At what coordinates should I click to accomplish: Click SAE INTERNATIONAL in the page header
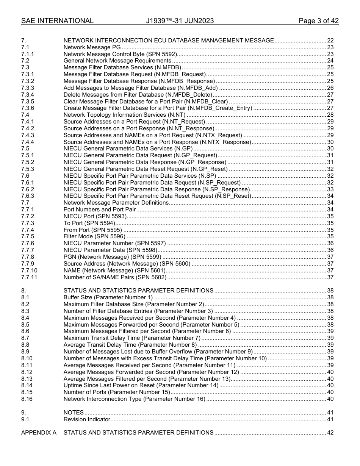click(57, 21)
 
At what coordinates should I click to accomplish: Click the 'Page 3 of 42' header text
click(318, 21)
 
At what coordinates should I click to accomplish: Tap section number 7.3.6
click(28, 108)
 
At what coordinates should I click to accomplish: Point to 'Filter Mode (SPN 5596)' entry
click(94, 236)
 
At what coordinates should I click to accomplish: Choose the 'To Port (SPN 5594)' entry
click(89, 223)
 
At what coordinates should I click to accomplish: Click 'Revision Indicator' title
click(87, 419)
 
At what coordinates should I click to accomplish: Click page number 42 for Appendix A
click(330, 433)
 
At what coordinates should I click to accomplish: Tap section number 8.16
click(27, 399)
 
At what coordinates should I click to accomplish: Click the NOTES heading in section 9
click(74, 413)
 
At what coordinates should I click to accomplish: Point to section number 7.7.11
click(29, 277)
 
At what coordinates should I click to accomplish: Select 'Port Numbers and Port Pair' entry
click(100, 210)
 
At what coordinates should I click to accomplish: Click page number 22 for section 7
click(330, 41)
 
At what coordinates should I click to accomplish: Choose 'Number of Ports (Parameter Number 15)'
click(116, 392)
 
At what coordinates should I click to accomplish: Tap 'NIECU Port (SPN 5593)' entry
click(94, 216)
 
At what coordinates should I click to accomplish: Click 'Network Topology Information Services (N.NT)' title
click(124, 115)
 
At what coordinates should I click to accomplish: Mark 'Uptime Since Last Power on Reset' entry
click(141, 385)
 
